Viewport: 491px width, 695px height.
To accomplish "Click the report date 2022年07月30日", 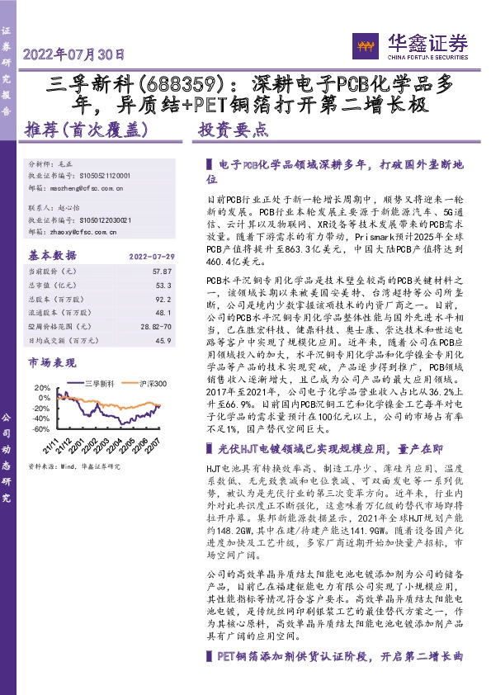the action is point(74,56).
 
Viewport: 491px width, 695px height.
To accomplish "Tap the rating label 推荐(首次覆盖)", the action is point(86,130).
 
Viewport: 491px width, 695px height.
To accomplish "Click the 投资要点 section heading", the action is point(234,130).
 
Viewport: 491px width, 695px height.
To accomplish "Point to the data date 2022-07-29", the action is point(149,256).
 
